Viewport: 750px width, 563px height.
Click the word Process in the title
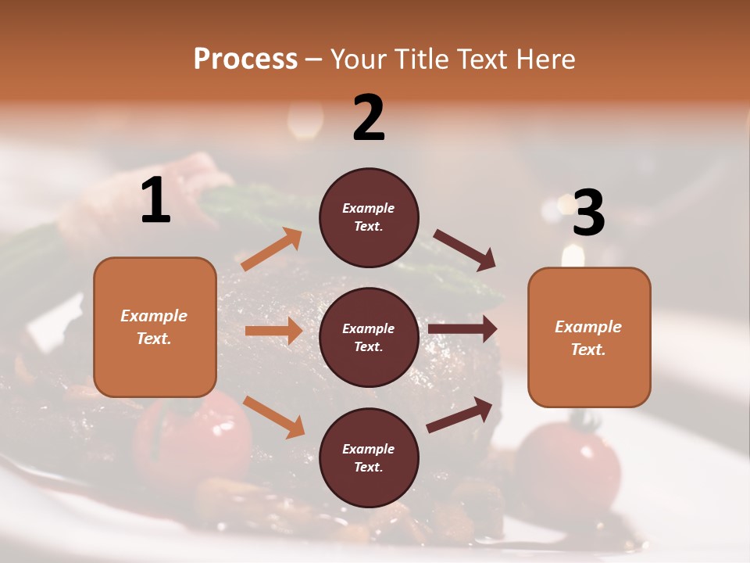(x=245, y=59)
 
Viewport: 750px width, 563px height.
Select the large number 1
(x=155, y=201)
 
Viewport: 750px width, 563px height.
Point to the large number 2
(x=369, y=119)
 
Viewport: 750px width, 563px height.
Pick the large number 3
(x=588, y=213)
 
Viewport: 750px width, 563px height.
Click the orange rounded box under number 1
(x=155, y=327)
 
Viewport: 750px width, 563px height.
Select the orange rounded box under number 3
(x=589, y=337)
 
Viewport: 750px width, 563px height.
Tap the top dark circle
(x=369, y=217)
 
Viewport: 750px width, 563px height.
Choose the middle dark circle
(x=369, y=337)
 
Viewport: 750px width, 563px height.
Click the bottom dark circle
(x=369, y=457)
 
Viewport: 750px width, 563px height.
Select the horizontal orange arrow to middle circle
(x=273, y=331)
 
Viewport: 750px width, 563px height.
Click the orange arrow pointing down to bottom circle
(x=273, y=417)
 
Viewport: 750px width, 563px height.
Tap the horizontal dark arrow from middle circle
(x=462, y=329)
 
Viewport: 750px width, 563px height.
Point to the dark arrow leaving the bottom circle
(x=459, y=414)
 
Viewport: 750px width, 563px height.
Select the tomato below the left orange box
(x=192, y=438)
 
